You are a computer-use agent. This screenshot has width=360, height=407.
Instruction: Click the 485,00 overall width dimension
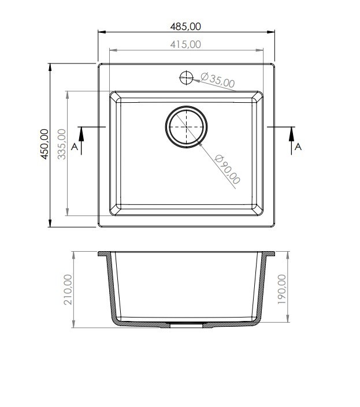185,27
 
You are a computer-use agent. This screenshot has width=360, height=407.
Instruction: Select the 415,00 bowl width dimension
185,44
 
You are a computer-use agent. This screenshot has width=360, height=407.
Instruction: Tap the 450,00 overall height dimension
44,144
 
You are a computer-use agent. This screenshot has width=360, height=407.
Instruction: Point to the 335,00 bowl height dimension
62,144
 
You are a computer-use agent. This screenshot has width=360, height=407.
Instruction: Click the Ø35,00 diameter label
218,80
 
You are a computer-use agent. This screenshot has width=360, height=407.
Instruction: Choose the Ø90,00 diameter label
228,169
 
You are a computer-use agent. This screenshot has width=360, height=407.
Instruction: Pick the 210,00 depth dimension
68,289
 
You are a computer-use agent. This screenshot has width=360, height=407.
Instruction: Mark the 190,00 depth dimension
281,289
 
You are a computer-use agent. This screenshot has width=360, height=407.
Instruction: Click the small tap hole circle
186,77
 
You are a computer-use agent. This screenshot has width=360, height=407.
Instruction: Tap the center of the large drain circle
186,127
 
